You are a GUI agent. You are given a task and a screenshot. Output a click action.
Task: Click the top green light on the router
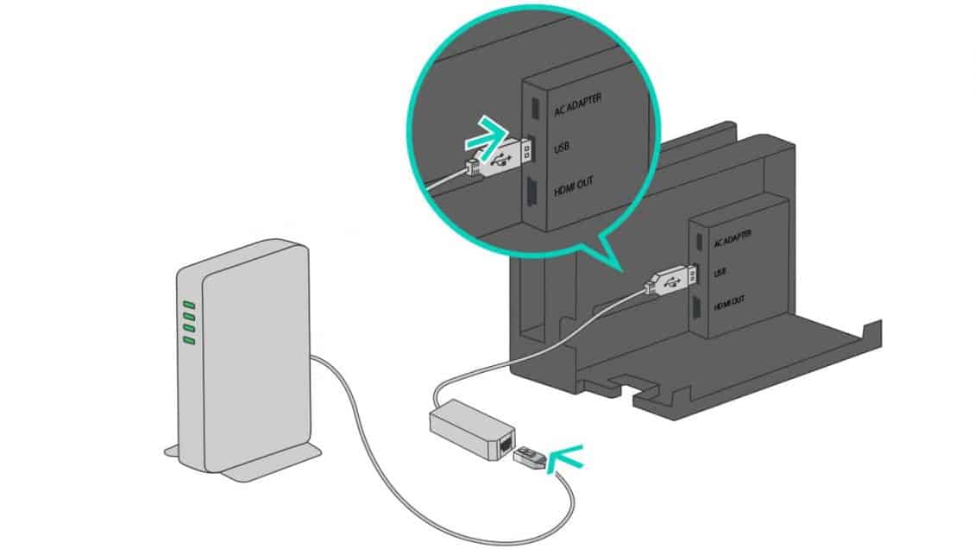click(189, 306)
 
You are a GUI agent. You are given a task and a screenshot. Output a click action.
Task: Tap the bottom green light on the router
click(189, 341)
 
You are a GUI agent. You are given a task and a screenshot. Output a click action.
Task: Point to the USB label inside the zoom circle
click(562, 149)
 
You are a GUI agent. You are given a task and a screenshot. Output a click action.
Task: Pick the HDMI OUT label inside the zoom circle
click(574, 189)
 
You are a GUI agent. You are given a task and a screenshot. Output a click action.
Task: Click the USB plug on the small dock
click(670, 279)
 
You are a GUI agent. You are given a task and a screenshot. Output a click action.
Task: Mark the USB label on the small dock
click(720, 272)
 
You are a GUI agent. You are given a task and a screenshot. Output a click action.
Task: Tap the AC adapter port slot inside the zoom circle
click(534, 107)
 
